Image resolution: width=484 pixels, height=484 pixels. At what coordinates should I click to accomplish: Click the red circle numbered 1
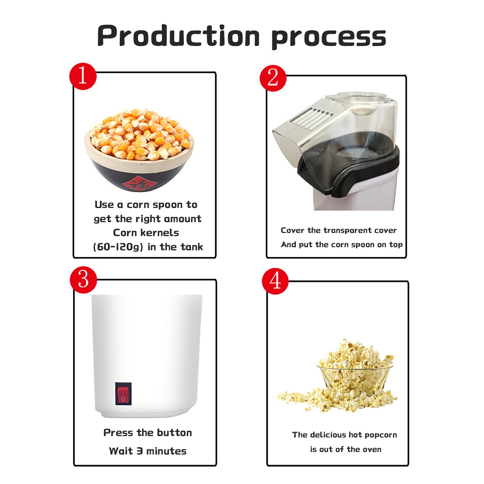pos(83,76)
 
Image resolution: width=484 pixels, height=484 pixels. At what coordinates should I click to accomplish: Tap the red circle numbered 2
pos(273,78)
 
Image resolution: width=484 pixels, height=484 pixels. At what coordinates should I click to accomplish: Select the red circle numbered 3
pos(83,280)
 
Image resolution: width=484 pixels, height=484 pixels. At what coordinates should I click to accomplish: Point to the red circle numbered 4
pos(275,281)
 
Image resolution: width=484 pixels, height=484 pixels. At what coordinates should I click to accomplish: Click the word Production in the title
pos(178,36)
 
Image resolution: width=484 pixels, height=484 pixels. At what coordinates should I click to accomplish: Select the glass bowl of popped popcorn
pos(355,377)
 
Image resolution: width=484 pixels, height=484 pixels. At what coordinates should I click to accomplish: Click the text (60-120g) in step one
pos(118,247)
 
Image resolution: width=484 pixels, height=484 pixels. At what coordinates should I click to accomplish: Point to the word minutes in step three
pos(166,451)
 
